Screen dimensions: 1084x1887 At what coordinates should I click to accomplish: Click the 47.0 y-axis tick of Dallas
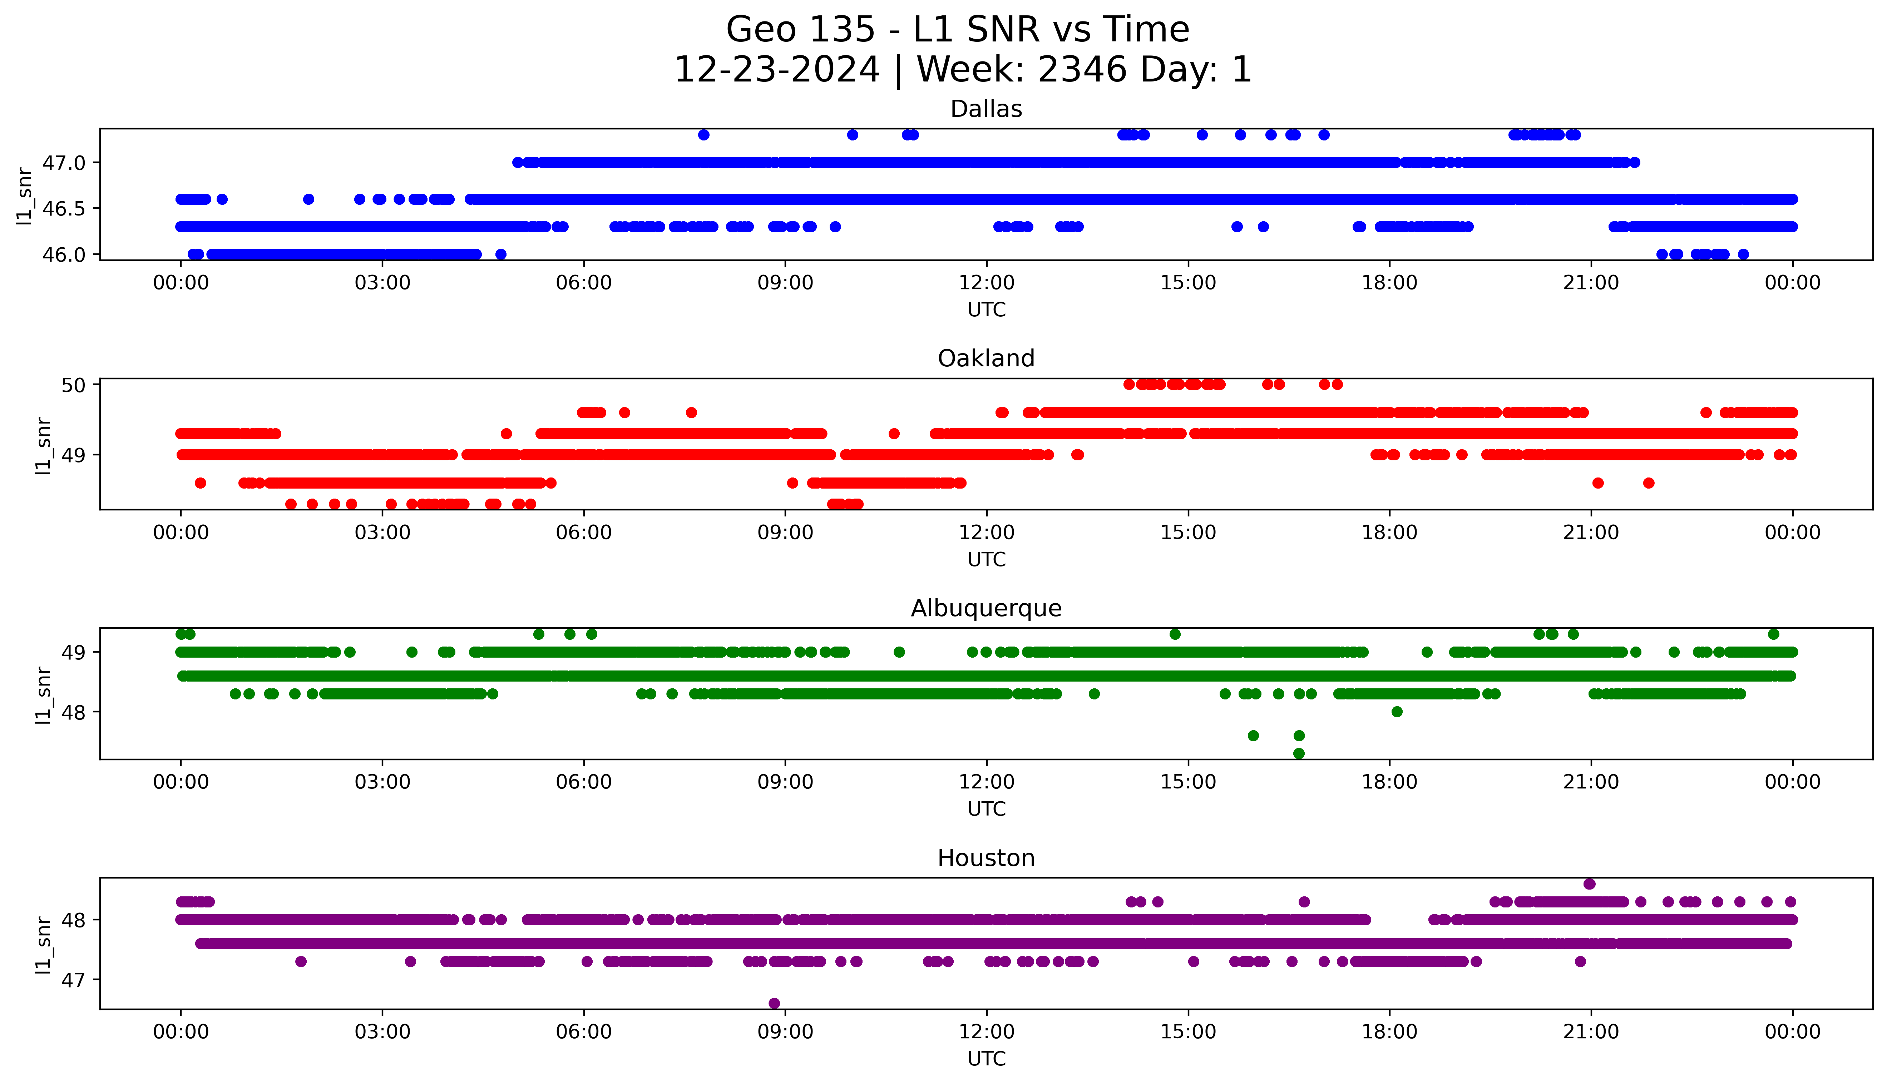coord(64,162)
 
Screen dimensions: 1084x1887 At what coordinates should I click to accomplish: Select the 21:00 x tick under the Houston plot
coord(1591,1032)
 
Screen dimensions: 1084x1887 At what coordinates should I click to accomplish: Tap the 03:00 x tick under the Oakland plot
coord(382,532)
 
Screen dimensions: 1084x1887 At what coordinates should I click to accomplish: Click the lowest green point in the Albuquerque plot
coord(1299,753)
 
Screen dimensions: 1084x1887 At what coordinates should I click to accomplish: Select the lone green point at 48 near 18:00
coord(1397,712)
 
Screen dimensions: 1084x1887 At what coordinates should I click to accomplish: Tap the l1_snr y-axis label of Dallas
coord(25,196)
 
